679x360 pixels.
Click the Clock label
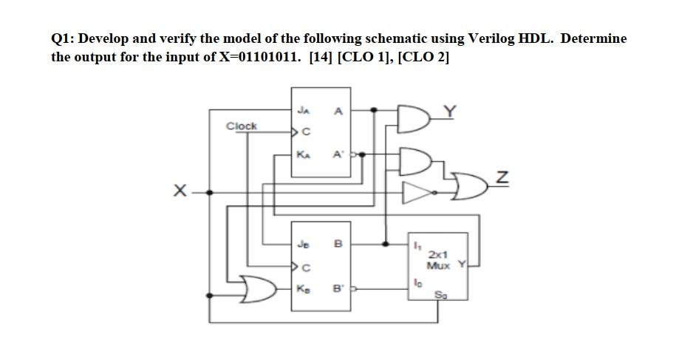(x=242, y=126)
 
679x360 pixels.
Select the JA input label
(x=303, y=111)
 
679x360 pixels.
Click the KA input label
(x=303, y=155)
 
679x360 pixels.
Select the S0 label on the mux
(x=442, y=295)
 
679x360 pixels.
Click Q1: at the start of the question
(x=63, y=38)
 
